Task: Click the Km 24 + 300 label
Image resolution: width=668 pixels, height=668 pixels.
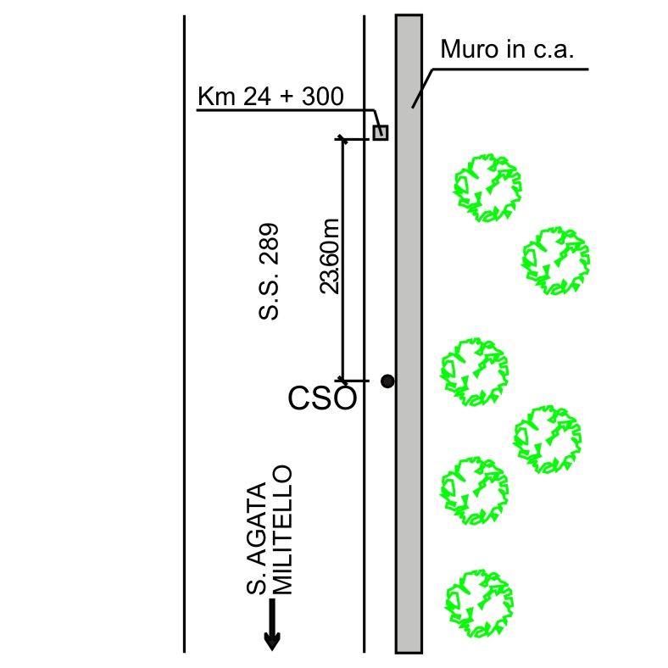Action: (x=270, y=97)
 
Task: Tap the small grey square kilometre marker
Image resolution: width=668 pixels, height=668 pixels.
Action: (x=381, y=132)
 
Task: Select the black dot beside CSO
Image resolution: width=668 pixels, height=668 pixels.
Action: (x=387, y=381)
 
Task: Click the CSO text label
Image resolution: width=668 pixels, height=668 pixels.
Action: (x=322, y=398)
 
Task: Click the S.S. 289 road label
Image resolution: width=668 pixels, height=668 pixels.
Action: (x=270, y=271)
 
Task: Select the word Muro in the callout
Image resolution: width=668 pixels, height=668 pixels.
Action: (x=463, y=51)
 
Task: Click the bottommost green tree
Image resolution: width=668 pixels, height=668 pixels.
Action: (x=480, y=604)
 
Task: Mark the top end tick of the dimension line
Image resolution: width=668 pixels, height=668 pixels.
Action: (x=342, y=138)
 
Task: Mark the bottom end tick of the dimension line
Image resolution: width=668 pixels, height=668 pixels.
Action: (x=342, y=380)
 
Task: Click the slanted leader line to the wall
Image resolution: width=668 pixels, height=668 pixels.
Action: (x=423, y=87)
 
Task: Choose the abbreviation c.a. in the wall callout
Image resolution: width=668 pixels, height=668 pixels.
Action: (x=551, y=51)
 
